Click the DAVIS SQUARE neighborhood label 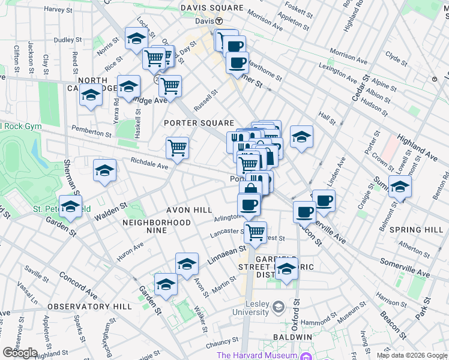pos(213,8)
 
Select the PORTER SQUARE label pos(199,123)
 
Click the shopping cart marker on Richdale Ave pos(177,147)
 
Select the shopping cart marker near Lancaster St pos(256,232)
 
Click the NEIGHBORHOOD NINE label pos(156,223)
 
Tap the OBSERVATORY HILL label pos(89,307)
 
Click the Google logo pos(19,353)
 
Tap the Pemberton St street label pos(92,129)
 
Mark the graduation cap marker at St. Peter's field pos(70,206)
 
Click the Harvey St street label pos(62,10)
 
